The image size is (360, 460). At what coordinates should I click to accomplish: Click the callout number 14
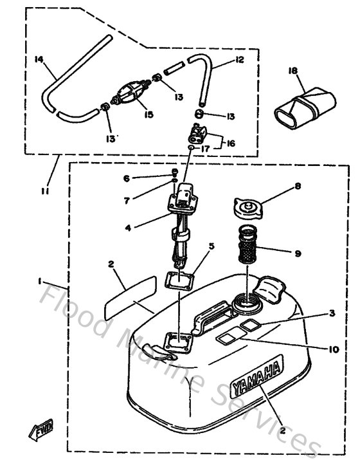38,59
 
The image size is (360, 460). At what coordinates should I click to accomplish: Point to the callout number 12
239,60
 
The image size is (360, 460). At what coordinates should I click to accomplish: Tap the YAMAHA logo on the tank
258,380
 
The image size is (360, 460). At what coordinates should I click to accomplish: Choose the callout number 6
126,178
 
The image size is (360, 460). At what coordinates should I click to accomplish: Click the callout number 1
40,281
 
